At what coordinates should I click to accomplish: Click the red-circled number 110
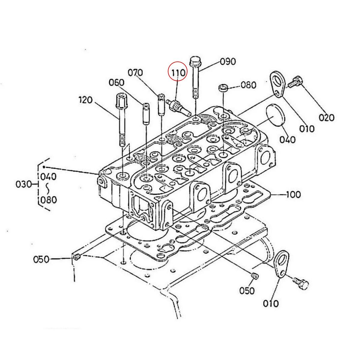(178, 72)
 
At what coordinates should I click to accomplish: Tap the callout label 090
(228, 62)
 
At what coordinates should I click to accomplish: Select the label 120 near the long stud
(85, 100)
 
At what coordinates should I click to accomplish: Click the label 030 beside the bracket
(24, 184)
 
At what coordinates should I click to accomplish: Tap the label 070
(135, 73)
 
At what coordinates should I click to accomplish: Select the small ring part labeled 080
(223, 88)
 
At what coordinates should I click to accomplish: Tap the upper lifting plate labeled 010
(277, 84)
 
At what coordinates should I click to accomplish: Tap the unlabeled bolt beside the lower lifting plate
(301, 283)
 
